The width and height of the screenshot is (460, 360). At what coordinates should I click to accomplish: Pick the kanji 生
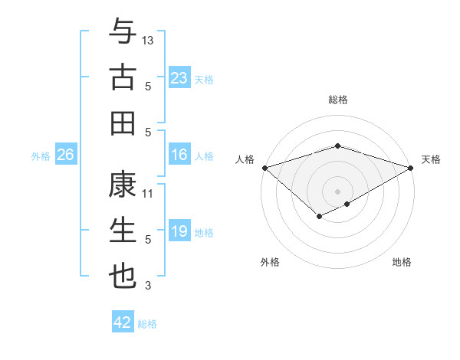pos(123,231)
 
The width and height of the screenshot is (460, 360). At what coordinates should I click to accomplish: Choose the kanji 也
pos(123,277)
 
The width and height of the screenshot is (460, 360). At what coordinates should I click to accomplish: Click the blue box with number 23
pos(179,78)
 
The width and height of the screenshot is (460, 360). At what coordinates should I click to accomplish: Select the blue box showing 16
pos(179,155)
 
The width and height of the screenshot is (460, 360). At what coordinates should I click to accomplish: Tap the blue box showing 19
pos(179,232)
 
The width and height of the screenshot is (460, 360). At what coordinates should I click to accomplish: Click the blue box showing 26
pos(66,155)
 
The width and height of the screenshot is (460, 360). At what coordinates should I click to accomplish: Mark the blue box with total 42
pos(123,322)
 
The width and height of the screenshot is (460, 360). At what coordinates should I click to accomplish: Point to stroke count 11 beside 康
pos(149,194)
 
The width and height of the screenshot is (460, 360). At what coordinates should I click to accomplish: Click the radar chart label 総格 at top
pos(337,100)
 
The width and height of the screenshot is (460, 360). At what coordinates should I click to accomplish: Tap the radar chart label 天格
pos(431,159)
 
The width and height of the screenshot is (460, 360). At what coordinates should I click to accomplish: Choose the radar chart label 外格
pos(270,262)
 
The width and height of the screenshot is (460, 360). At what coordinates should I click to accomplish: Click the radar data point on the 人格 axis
pos(264,167)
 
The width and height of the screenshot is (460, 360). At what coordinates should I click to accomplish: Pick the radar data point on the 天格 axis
pos(411,167)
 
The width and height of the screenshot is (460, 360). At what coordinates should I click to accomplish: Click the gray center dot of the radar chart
pos(337,191)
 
